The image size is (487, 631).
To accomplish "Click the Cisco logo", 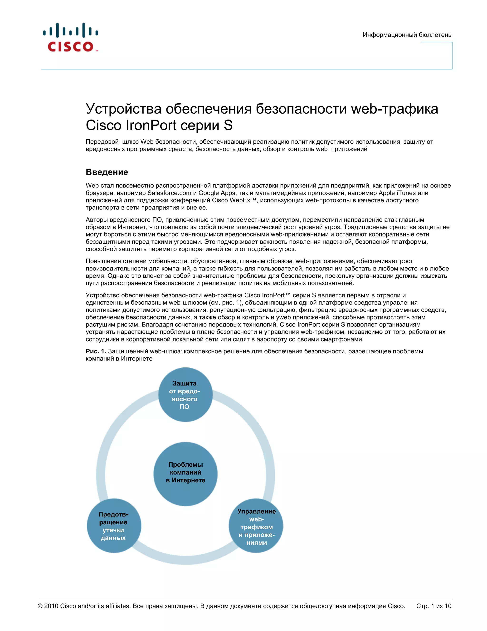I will pos(71,38).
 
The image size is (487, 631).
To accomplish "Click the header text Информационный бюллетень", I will pos(407,35).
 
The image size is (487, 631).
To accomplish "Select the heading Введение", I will pos(107,172).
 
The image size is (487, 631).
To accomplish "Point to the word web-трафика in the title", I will pos(394,109).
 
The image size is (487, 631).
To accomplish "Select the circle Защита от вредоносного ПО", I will pos(185,395).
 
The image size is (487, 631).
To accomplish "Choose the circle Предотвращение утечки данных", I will pos(114,526).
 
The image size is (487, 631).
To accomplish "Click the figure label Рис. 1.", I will pos(96,351).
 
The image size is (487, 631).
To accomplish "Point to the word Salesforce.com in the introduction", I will pos(169,193).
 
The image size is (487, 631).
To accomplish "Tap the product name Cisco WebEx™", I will pos(234,200).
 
